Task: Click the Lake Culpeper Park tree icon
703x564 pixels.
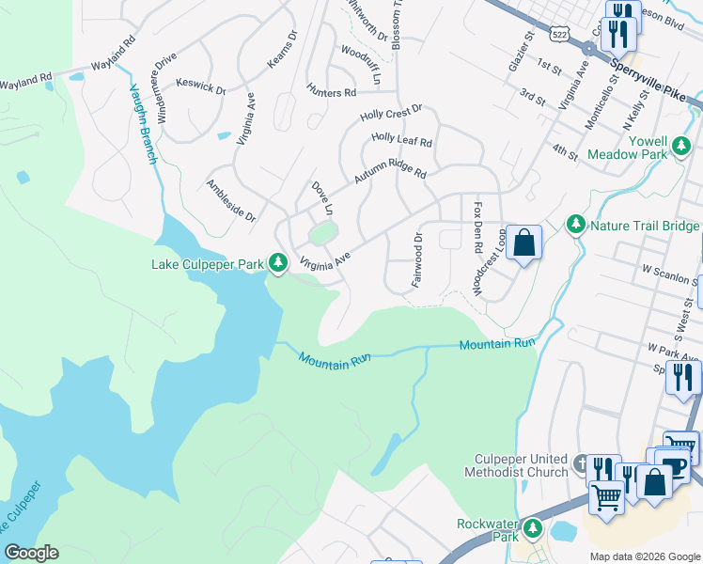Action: click(x=277, y=263)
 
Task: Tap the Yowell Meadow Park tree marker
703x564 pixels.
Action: click(x=680, y=145)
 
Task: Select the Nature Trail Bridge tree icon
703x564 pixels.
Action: click(x=575, y=225)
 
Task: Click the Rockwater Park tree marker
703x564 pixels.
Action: click(x=534, y=529)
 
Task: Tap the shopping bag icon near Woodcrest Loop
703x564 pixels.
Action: click(x=523, y=243)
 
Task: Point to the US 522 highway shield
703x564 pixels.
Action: click(x=561, y=34)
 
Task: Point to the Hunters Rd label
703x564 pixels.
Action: click(x=331, y=93)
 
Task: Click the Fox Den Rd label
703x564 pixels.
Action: click(x=478, y=227)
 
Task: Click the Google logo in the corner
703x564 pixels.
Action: click(x=31, y=553)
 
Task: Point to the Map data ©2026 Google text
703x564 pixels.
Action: click(x=645, y=556)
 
